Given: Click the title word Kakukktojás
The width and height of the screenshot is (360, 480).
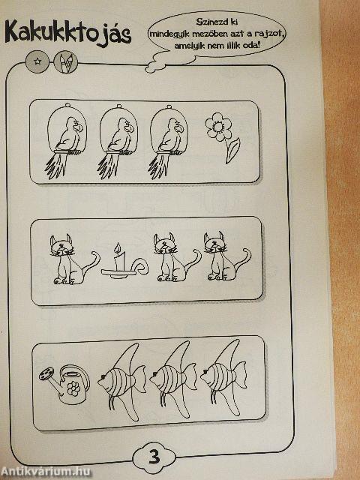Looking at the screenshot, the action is click(68, 33).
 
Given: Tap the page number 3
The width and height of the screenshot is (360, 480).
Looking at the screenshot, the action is click(154, 457).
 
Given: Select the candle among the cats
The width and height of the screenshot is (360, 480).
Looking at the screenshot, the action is click(124, 261).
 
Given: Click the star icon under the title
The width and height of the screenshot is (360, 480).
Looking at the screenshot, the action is click(37, 61).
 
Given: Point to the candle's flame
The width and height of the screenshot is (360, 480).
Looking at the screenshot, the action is click(117, 248).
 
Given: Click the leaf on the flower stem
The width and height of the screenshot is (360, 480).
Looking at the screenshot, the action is click(232, 151).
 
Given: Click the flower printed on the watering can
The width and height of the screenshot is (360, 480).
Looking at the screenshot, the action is click(73, 388).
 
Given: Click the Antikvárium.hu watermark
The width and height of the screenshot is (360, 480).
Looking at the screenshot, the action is click(45, 472).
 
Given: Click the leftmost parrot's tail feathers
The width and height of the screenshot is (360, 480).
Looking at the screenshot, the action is click(55, 166).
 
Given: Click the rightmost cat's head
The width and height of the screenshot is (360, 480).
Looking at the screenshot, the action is click(215, 242).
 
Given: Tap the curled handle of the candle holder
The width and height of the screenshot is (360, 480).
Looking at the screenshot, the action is click(141, 265).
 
